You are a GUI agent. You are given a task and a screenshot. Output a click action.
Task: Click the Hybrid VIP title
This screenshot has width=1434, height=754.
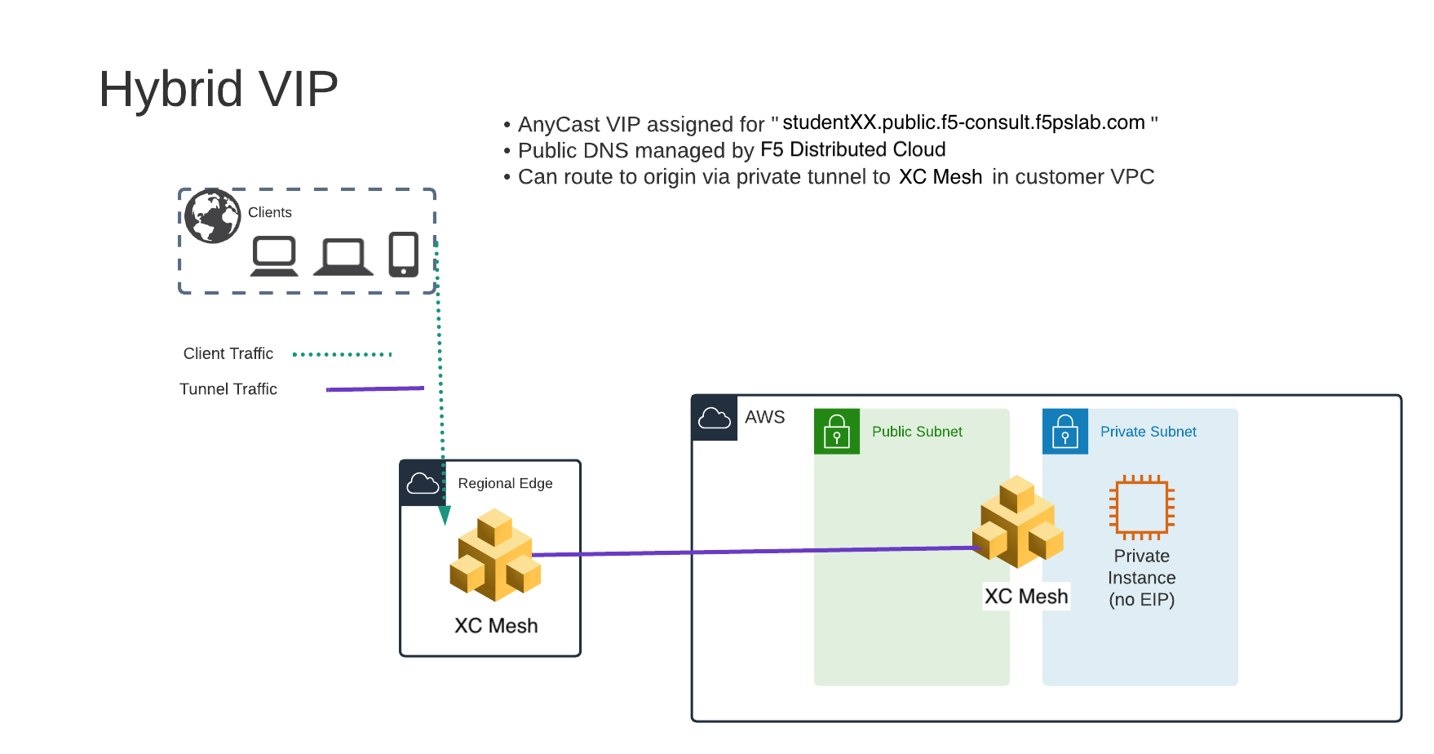pos(218,89)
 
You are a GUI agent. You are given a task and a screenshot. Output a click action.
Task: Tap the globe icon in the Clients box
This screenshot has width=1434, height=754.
pos(212,216)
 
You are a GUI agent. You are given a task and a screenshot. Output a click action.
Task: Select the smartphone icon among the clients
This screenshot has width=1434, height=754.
pos(403,255)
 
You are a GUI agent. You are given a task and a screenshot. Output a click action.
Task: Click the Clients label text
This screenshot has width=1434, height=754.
pos(269,212)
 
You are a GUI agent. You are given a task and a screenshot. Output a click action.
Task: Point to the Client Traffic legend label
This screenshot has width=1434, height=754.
pos(228,353)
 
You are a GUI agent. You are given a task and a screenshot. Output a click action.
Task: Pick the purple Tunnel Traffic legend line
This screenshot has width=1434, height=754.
pos(374,389)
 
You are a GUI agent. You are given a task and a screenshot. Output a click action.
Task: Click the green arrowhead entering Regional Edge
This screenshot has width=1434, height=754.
pos(445,515)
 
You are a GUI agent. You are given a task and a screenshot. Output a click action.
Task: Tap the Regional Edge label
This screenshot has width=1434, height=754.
pos(505,483)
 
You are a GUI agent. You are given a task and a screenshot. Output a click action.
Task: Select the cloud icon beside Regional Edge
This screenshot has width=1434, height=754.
pos(423,483)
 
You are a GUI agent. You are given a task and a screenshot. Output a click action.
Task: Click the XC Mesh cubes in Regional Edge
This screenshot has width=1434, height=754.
pos(495,556)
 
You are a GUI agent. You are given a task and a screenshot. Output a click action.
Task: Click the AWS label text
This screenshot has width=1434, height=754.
pos(764,417)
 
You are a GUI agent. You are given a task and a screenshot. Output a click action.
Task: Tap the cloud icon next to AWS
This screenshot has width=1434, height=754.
pos(715,418)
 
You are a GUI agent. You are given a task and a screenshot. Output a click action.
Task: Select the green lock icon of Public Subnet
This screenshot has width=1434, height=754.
pos(837,431)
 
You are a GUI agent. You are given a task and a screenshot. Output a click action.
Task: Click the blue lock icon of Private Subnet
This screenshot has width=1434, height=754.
pos(1065,431)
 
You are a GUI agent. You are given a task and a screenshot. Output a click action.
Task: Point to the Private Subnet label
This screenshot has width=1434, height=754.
pos(1148,432)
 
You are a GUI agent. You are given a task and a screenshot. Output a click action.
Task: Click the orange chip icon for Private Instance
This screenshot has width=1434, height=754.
pos(1141,507)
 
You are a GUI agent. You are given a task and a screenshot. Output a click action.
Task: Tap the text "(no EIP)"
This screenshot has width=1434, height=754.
pos(1141,600)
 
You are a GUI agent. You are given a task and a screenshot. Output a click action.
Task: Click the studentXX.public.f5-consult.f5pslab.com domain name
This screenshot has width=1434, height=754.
pos(963,122)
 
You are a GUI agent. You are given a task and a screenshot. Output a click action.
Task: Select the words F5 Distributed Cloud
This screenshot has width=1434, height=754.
pos(852,149)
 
